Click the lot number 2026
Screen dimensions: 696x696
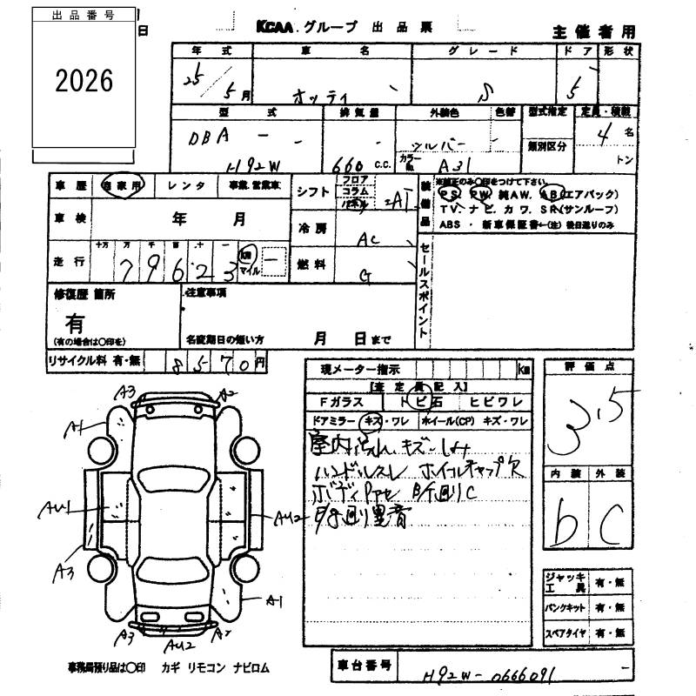[x=84, y=81]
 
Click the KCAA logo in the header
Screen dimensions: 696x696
[x=275, y=28]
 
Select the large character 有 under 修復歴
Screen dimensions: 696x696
[x=75, y=324]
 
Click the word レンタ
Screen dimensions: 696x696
[x=186, y=185]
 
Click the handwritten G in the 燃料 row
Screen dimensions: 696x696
[x=366, y=276]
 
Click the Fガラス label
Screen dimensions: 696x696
[x=338, y=402]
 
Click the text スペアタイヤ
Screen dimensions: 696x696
[x=565, y=634]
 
